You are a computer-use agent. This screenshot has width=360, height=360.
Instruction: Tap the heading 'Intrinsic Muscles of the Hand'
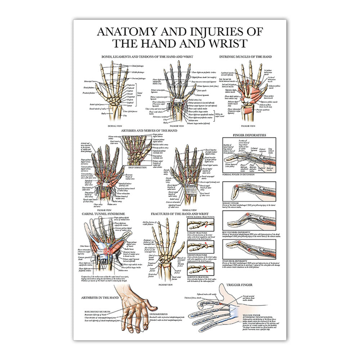point(246,57)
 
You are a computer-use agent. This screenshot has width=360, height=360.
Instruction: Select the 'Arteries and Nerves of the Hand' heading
point(149,130)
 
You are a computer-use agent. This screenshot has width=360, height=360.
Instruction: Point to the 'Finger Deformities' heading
point(249,135)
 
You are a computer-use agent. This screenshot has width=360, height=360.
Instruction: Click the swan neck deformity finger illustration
point(249,248)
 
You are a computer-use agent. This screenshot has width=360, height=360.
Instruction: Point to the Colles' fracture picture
point(201,225)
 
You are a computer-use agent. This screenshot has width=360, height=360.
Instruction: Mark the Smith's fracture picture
point(201,247)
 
